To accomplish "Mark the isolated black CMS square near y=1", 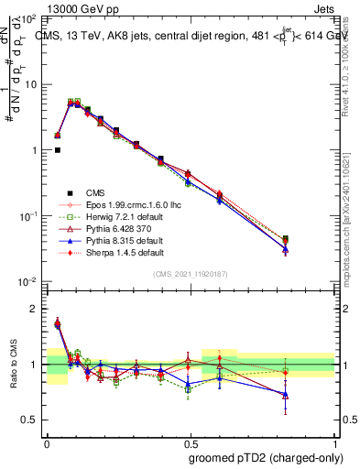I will (58, 150).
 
